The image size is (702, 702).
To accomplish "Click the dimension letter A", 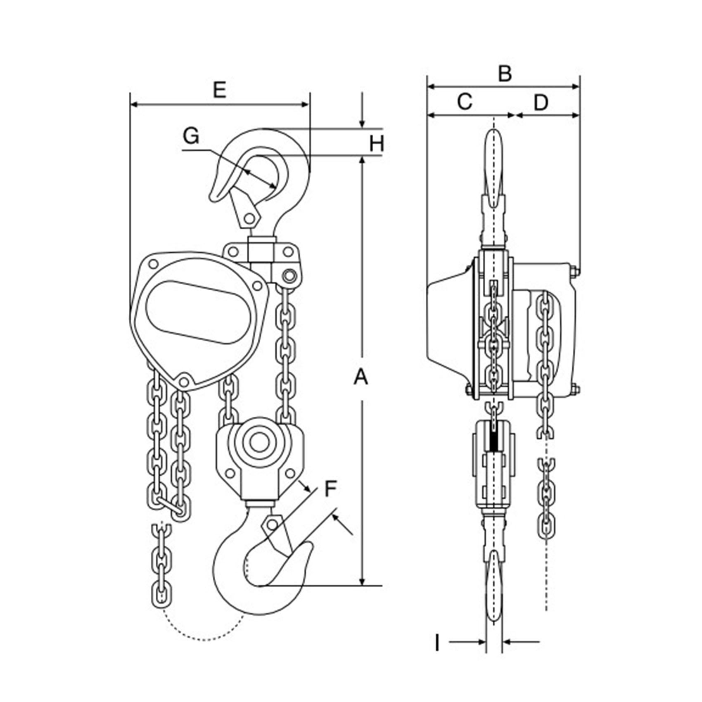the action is point(360,377).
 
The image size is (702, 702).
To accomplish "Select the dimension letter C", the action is point(465,102).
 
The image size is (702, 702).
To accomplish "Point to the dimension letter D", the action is point(541,103).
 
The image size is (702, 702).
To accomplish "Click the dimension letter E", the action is point(220,90).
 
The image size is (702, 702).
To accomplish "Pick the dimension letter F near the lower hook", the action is point(331,489).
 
